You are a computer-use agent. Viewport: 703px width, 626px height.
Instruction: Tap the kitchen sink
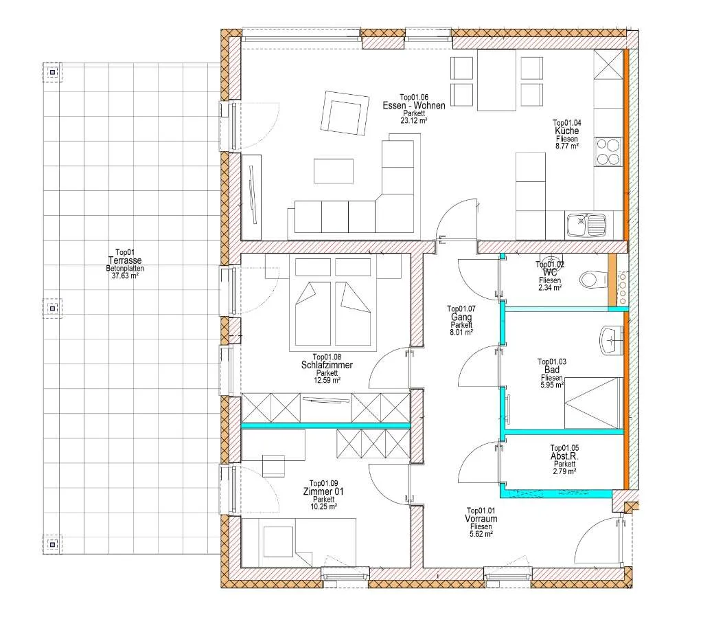[587, 225]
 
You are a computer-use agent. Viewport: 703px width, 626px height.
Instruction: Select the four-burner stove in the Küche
[608, 152]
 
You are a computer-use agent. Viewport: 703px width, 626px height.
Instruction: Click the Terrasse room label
[125, 260]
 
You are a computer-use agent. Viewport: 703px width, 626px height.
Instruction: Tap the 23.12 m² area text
[414, 120]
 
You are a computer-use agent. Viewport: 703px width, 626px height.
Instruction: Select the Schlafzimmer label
[327, 365]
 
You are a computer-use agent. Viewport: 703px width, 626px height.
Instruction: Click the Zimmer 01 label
[323, 491]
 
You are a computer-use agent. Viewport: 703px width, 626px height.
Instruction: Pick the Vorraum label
[481, 519]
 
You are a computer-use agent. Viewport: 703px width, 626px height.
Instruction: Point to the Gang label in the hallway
[461, 317]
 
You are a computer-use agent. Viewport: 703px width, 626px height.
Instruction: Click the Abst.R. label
[564, 456]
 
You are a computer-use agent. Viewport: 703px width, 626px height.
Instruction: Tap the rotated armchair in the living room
[346, 113]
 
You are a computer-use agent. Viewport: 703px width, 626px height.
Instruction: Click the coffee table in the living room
[333, 171]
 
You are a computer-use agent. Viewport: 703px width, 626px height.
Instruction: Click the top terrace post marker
[52, 72]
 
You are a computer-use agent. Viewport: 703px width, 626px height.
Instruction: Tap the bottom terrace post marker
[52, 544]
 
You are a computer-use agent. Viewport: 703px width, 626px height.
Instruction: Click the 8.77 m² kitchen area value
[566, 146]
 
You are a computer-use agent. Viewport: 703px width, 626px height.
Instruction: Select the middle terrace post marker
[52, 309]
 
